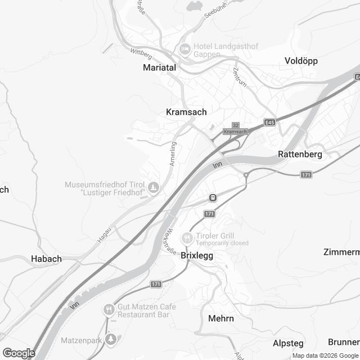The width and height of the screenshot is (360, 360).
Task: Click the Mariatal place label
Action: [x=160, y=67]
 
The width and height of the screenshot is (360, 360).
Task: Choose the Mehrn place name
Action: [x=220, y=318]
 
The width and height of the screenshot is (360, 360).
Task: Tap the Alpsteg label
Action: [x=288, y=343]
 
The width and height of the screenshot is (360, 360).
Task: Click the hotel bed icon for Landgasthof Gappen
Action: [x=184, y=49]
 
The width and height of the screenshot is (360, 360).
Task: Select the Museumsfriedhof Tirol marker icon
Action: [x=154, y=187]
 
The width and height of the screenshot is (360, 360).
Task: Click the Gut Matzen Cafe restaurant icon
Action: [x=109, y=310]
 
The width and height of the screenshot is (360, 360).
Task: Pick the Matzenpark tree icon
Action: [x=111, y=338]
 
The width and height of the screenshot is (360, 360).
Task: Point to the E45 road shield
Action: [x=271, y=121]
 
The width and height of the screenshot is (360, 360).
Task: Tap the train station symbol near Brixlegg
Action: [x=213, y=197]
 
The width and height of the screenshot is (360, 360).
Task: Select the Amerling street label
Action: [x=174, y=153]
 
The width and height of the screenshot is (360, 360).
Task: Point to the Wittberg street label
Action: [x=141, y=53]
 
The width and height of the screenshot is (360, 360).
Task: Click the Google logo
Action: [x=18, y=353]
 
